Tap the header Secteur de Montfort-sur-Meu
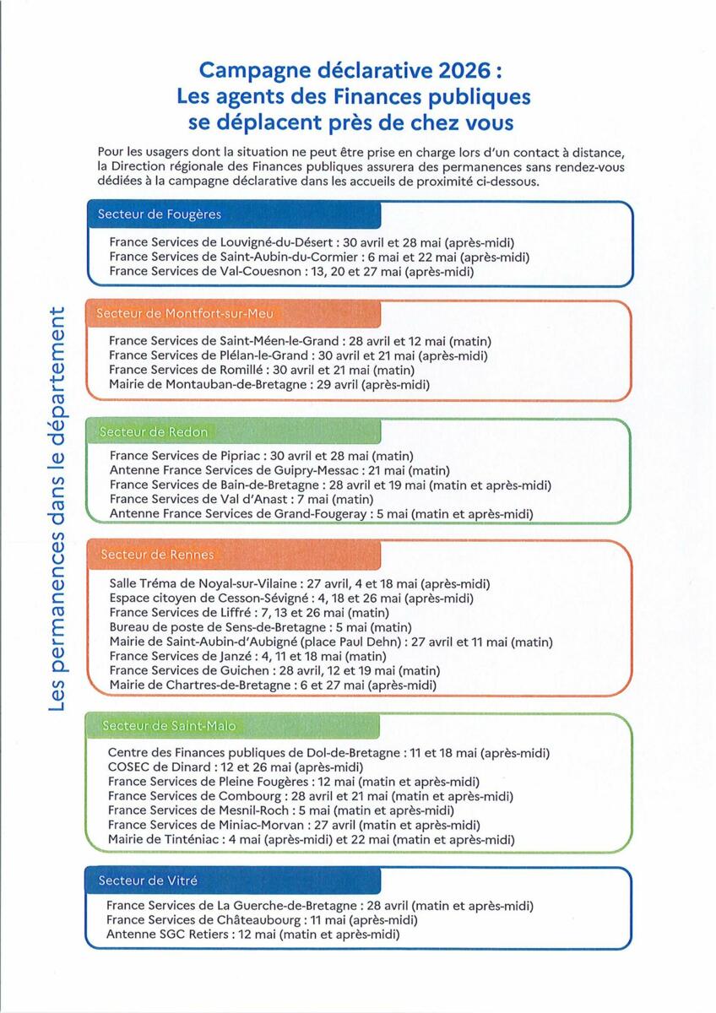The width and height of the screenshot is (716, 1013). (x=179, y=314)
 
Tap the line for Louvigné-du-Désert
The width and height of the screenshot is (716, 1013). (x=312, y=242)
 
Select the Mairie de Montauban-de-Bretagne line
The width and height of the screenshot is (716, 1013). (x=269, y=385)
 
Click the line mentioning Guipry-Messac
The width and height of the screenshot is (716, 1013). (x=279, y=470)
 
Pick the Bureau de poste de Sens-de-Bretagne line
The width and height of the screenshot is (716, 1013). (x=261, y=626)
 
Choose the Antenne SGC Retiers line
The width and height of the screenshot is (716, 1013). (x=252, y=935)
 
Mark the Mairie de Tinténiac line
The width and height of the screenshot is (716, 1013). (x=311, y=840)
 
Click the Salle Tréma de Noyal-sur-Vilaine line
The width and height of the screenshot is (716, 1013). (x=300, y=583)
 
